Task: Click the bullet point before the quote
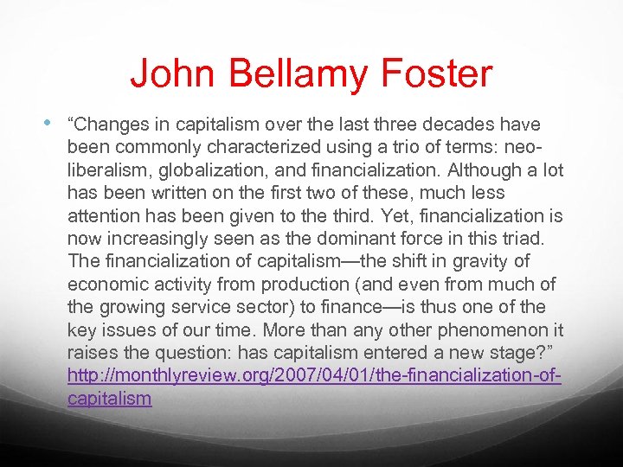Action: point(56,123)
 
